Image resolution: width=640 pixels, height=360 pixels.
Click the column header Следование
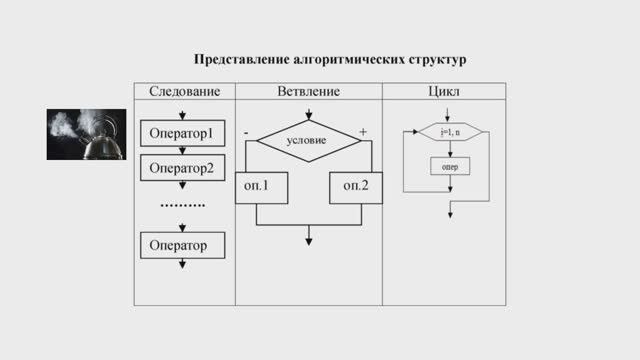184,92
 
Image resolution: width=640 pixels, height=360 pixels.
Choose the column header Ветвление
308,92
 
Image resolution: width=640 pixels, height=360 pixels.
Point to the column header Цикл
443,92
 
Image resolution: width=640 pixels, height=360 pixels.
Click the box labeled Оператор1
182,133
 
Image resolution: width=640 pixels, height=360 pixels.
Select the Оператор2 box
182,168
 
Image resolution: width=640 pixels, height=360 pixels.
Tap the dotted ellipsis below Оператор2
182,205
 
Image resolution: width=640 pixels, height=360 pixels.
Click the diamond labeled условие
307,141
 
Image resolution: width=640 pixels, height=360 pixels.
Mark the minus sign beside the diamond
246,131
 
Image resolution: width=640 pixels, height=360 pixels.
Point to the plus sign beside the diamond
363,131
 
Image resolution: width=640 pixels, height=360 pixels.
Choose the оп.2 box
356,187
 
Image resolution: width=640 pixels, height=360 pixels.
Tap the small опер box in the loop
449,167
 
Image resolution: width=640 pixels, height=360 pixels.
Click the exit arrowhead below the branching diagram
308,240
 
